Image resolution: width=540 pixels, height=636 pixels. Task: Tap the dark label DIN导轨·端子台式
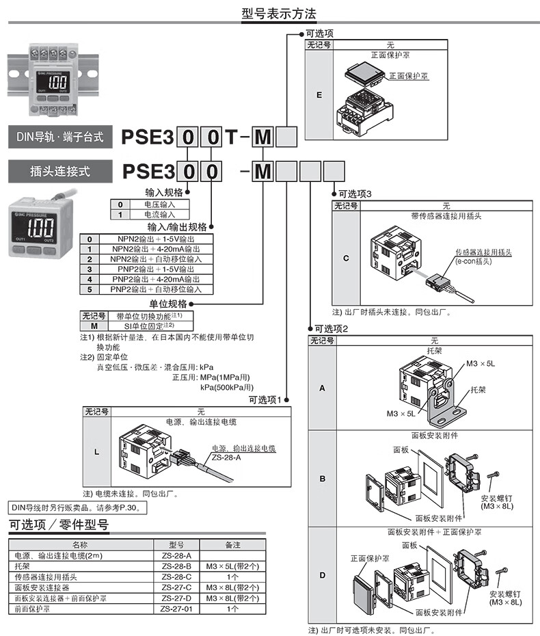click(60, 137)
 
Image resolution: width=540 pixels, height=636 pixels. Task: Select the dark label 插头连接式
click(60, 171)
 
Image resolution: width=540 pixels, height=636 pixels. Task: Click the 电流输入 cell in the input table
click(158, 215)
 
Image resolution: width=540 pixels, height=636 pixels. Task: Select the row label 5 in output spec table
click(90, 289)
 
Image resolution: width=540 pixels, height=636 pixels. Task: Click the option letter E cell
click(319, 94)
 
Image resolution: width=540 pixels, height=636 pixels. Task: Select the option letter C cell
click(346, 259)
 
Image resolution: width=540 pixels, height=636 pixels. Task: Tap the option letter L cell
click(96, 452)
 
